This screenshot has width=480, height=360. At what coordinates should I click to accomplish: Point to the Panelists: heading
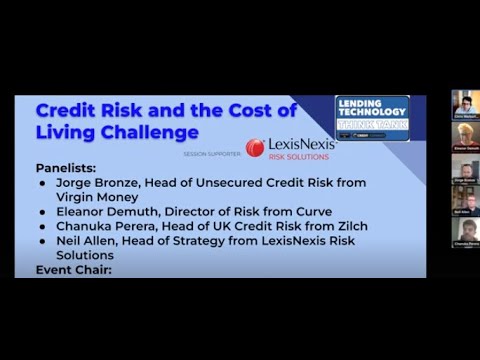[x=71, y=168]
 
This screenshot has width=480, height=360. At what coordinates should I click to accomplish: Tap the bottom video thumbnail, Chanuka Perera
[x=461, y=232]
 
